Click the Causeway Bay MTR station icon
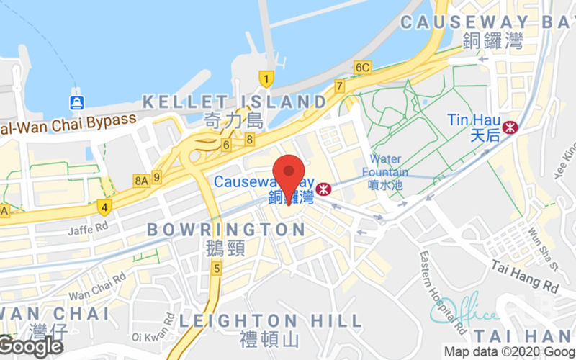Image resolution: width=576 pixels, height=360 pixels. [323, 189]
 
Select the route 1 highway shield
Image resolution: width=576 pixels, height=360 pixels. [266, 78]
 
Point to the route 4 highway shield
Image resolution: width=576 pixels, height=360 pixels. [104, 207]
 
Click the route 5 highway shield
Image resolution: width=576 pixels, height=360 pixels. [216, 268]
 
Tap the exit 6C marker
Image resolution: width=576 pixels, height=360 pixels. [362, 68]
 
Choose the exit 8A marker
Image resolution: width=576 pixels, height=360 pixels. [140, 177]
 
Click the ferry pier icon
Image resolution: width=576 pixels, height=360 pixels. [76, 102]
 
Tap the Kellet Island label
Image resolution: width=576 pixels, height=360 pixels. [234, 102]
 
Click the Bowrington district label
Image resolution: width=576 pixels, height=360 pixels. [226, 230]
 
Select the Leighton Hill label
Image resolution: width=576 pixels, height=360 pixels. [270, 320]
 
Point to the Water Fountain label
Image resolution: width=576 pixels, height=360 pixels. [389, 166]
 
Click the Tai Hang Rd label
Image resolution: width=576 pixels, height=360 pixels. [526, 276]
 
